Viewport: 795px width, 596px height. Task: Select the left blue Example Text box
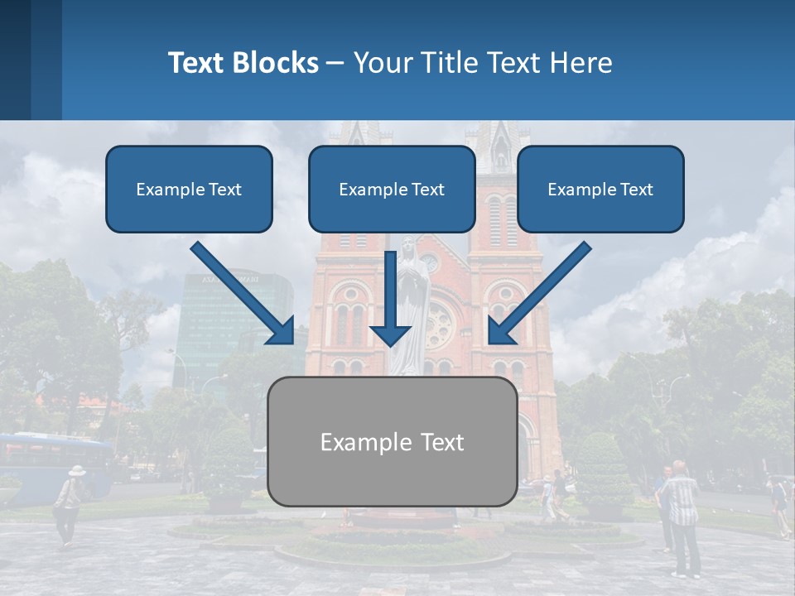[x=189, y=189]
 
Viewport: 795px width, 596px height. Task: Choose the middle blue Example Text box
[x=392, y=189]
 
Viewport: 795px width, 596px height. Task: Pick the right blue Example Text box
[x=600, y=189]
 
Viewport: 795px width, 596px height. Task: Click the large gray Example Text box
[x=392, y=441]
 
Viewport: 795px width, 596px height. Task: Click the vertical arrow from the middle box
[x=391, y=298]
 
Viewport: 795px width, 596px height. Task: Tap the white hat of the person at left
[x=77, y=470]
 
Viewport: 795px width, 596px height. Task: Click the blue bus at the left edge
[x=50, y=464]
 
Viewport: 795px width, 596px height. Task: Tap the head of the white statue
[x=407, y=246]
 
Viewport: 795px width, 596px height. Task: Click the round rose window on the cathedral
[x=439, y=324]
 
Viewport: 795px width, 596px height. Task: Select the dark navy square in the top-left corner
[x=15, y=60]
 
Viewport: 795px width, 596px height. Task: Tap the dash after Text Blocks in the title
[x=335, y=63]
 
